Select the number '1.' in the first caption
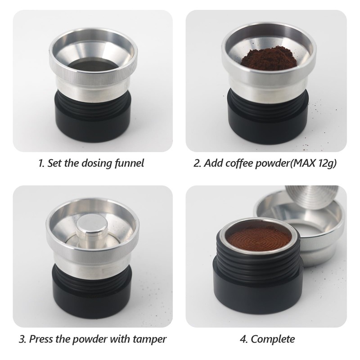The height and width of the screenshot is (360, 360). click(x=42, y=163)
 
